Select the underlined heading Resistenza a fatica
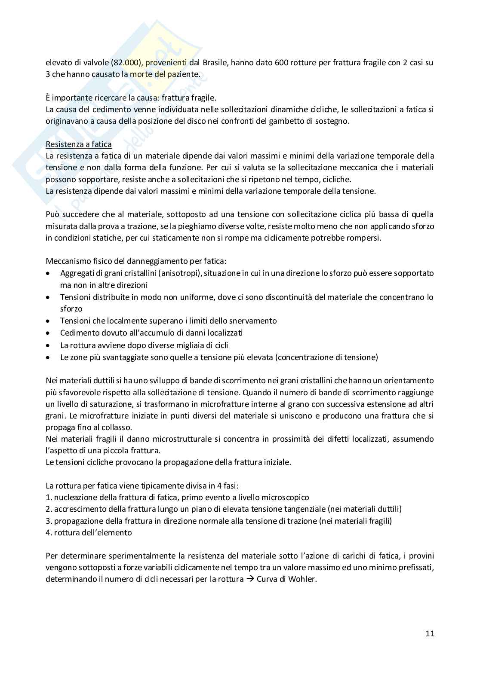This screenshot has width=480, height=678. click(79, 144)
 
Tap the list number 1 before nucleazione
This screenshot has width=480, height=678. click(48, 497)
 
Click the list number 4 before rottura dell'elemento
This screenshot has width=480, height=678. click(48, 532)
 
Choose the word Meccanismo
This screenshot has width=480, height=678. click(66, 261)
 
